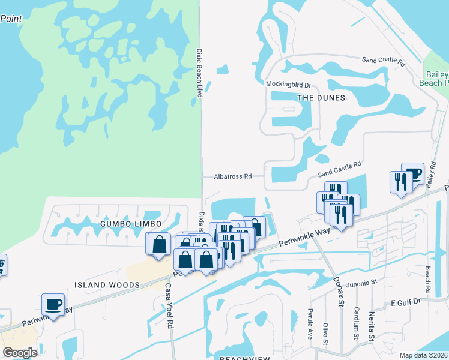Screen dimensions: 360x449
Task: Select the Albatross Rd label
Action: (x=232, y=176)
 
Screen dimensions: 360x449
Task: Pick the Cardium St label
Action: (x=357, y=325)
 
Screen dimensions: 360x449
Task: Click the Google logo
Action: (x=20, y=352)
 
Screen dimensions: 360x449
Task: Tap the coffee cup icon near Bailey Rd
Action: (x=412, y=173)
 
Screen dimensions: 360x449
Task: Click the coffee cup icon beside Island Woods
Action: (x=53, y=304)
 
